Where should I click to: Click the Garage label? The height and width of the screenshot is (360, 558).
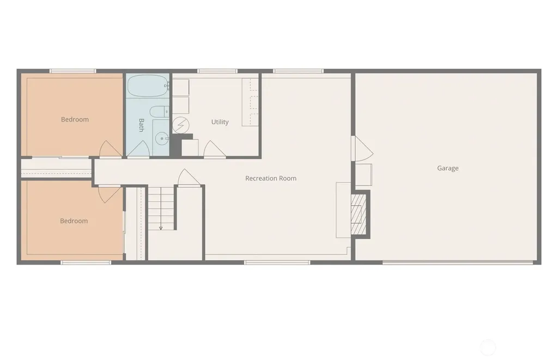[448, 168]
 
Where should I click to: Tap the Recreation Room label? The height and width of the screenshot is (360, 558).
[271, 178]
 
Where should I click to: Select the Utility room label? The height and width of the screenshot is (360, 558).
[220, 122]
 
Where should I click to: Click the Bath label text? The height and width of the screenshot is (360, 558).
[141, 125]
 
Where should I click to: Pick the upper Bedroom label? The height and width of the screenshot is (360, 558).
[75, 119]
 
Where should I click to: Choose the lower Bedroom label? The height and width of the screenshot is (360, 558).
[74, 221]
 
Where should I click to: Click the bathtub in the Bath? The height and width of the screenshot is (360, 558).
[148, 86]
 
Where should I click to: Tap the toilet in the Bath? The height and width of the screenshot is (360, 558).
[159, 112]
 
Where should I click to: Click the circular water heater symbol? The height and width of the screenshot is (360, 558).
[181, 125]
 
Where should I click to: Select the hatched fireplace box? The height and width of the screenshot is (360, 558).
[359, 214]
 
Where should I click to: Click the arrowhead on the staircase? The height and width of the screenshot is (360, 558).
[161, 228]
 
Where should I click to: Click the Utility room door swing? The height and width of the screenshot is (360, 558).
[214, 149]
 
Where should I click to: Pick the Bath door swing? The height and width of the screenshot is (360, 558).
[138, 149]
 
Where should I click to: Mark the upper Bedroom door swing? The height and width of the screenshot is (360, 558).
[110, 149]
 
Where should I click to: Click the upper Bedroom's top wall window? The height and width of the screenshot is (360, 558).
[72, 71]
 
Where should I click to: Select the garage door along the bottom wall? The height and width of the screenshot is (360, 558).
[458, 263]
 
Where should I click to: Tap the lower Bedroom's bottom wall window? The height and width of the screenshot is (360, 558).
[86, 263]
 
